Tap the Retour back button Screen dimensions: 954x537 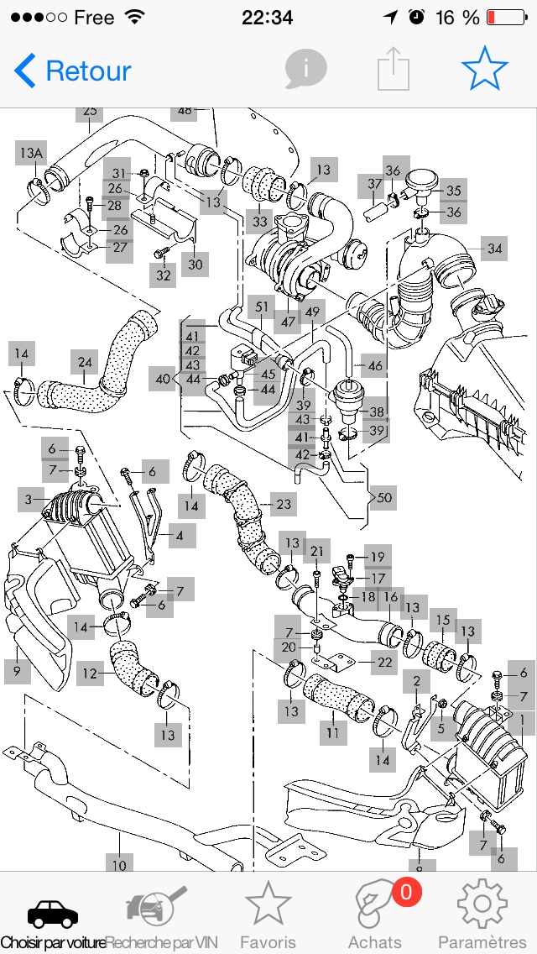[x=73, y=71]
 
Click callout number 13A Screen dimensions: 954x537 [x=31, y=153]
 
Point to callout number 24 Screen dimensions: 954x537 [x=85, y=363]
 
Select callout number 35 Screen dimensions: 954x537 [x=453, y=191]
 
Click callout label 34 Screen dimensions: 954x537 [x=495, y=248]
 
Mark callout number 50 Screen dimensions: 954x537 [x=384, y=498]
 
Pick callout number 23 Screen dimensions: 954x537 [x=284, y=504]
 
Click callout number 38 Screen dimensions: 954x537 [x=376, y=411]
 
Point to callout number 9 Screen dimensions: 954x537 [x=16, y=670]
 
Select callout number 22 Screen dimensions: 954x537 [x=384, y=662]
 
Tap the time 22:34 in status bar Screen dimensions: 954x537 [x=267, y=18]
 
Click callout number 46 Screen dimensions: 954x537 [x=375, y=365]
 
